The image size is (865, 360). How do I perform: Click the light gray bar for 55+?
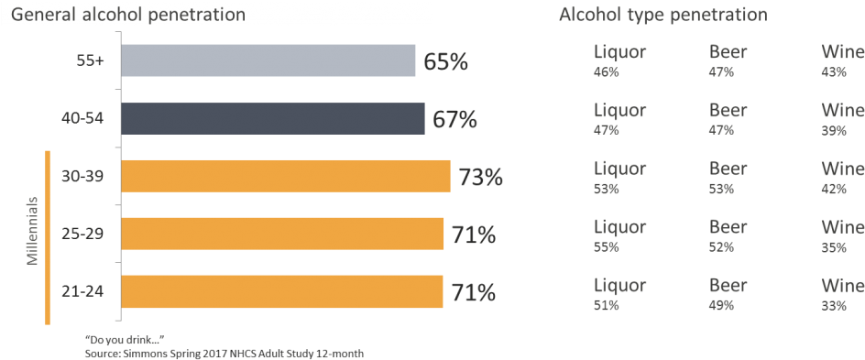point(268,60)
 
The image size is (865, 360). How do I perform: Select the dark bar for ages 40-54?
point(272,119)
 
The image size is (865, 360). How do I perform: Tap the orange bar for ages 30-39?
point(285,176)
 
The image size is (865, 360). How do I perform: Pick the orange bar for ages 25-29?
point(282,235)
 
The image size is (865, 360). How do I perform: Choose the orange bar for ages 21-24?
point(282,292)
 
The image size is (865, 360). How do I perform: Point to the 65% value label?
point(445,62)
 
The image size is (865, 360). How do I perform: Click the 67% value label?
point(455,120)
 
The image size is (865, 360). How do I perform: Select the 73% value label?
point(481,177)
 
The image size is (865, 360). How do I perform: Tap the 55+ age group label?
point(93,61)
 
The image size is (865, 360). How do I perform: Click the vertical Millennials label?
point(31,231)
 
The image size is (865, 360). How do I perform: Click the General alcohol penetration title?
point(127,16)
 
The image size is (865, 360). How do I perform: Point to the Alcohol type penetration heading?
point(662,16)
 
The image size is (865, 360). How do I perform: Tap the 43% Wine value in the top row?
point(834,71)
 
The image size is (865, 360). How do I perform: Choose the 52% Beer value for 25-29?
point(721,246)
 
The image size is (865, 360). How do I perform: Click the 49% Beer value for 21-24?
point(721,305)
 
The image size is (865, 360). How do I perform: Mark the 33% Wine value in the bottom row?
point(834,305)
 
